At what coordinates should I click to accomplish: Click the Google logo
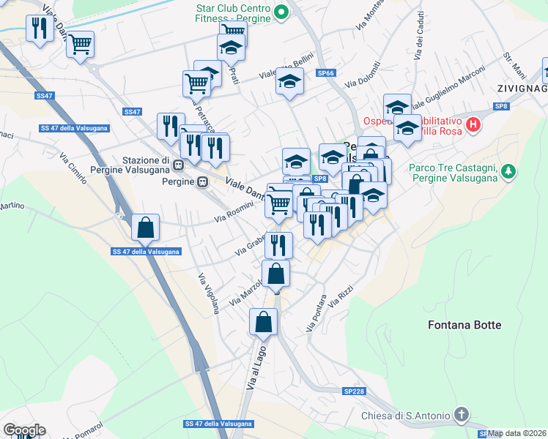[x=24, y=430]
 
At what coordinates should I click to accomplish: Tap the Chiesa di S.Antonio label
[x=405, y=416]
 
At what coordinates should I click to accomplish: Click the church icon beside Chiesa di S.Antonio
[x=462, y=415]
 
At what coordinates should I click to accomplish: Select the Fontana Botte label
[x=464, y=325]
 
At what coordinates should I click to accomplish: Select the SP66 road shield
[x=326, y=73]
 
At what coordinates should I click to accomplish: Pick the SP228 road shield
[x=354, y=392]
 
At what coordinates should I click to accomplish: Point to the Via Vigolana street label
[x=208, y=293]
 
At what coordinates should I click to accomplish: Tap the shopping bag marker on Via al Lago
[x=264, y=320]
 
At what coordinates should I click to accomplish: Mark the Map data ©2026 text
[x=517, y=433]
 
